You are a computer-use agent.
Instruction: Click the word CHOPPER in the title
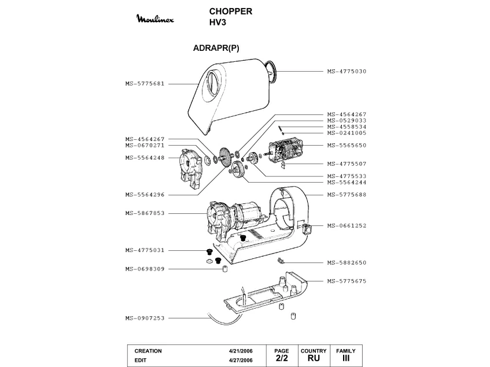point(230,12)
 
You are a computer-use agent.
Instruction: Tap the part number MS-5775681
point(145,83)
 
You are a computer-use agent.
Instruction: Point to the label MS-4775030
point(347,71)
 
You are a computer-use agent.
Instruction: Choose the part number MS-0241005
point(347,133)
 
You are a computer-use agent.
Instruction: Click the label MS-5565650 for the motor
point(347,145)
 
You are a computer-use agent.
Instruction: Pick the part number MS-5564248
point(145,157)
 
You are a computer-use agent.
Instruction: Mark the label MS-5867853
point(145,213)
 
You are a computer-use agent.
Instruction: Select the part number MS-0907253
point(145,318)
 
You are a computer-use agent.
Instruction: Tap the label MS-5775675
point(347,281)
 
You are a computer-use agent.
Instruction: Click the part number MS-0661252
point(347,225)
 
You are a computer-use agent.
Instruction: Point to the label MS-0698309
point(145,269)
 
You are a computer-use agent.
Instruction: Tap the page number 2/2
point(282,358)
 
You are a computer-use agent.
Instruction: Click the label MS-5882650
point(347,262)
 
